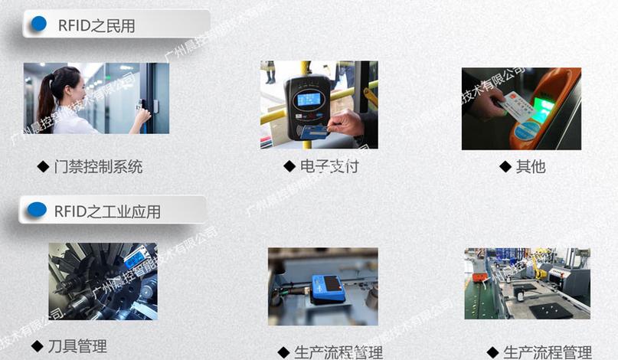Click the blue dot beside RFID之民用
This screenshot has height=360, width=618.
click(38, 23)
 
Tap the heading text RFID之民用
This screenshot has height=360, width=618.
click(96, 25)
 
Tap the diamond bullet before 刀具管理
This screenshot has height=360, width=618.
click(37, 346)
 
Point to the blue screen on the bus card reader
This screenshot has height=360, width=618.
click(308, 100)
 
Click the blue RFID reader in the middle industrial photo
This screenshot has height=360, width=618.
click(327, 286)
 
